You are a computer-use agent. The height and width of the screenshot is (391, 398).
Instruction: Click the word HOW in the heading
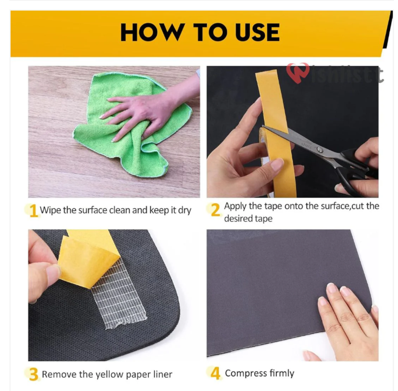click(x=152, y=32)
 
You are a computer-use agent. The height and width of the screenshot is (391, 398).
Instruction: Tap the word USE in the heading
click(x=257, y=32)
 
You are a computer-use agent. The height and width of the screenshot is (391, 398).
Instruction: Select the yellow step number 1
click(x=33, y=211)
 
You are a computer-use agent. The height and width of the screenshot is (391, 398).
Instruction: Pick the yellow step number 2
click(x=215, y=210)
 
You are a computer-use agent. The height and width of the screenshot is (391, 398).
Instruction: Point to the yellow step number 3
click(x=33, y=374)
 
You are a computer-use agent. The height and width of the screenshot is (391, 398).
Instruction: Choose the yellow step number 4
click(x=215, y=373)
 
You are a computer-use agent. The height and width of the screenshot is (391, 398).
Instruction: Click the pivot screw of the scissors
click(x=320, y=150)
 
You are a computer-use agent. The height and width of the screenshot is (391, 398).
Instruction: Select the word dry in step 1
click(x=185, y=211)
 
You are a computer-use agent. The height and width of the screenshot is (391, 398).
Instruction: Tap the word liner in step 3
click(x=163, y=375)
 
